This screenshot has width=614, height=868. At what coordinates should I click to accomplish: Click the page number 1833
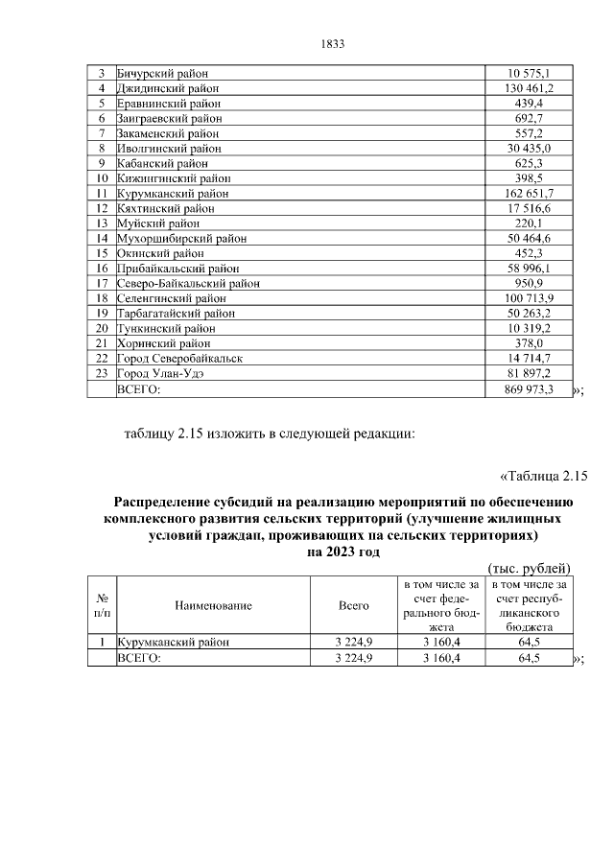point(330,44)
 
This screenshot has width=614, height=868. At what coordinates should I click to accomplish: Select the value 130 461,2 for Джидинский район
point(530,88)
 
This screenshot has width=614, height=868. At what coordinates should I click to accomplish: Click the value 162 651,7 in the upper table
point(530,193)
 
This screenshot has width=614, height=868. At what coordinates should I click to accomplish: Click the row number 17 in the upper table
point(101,283)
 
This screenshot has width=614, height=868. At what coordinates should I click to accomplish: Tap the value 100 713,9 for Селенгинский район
point(530,298)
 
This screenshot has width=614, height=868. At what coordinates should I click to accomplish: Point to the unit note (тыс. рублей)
point(530,568)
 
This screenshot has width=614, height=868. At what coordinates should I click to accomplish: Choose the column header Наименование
point(213,605)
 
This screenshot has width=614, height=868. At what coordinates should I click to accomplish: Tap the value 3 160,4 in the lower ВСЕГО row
point(441,658)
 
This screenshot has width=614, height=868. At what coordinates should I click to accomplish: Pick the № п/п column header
point(101,605)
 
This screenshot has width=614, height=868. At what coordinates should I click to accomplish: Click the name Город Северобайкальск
point(179,358)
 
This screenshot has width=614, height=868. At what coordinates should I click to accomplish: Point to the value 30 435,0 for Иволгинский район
point(530,148)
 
